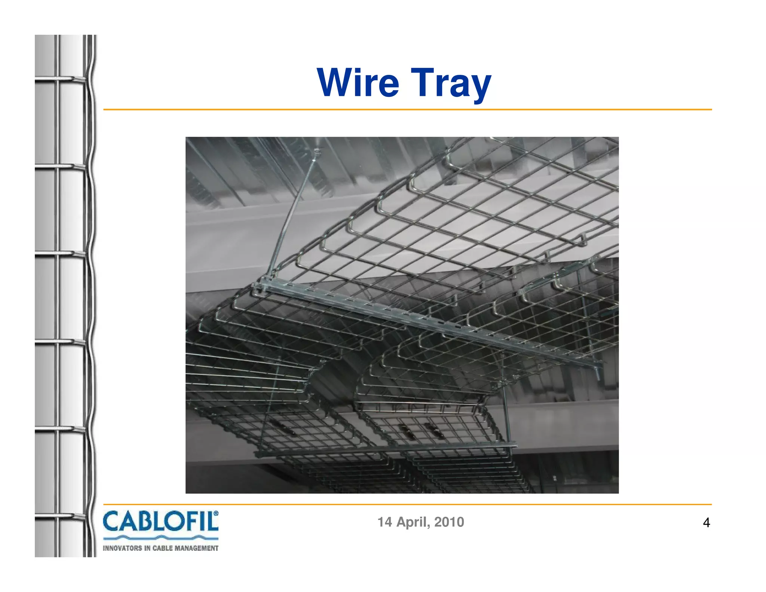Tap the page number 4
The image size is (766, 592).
click(x=706, y=522)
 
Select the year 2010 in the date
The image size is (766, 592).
click(x=449, y=522)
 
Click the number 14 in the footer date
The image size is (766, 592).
click(x=384, y=522)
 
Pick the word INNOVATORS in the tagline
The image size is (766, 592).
click(x=122, y=548)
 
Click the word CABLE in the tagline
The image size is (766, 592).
click(x=162, y=548)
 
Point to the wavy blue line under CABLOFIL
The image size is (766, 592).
click(x=160, y=538)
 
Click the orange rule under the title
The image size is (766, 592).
click(x=407, y=110)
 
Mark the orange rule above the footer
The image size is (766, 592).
click(x=407, y=504)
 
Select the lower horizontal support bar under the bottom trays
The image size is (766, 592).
click(x=385, y=449)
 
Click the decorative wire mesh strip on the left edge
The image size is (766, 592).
click(x=65, y=296)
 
